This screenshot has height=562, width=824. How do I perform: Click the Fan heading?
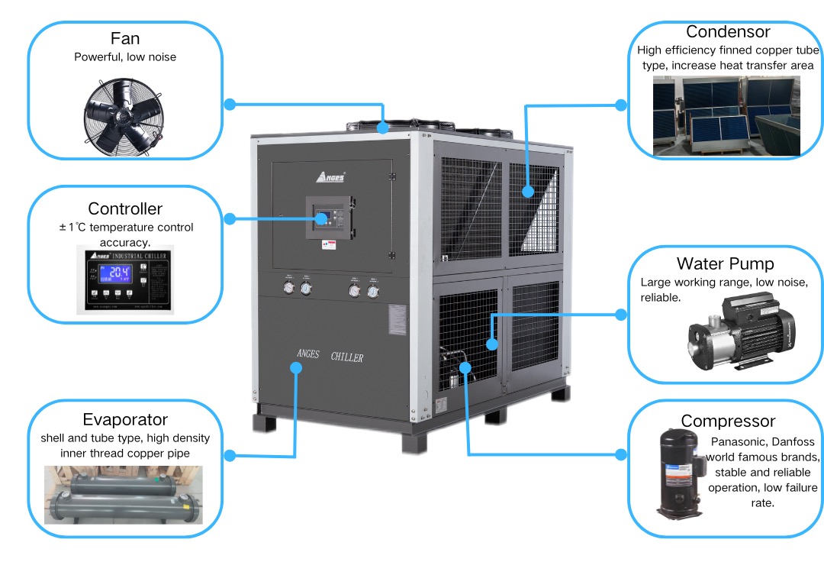click(125, 39)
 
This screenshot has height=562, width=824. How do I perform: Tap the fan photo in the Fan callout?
click(125, 115)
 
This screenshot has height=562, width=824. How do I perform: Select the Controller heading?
click(125, 208)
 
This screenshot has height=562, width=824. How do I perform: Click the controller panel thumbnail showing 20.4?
click(125, 279)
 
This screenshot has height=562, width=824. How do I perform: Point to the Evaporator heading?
click(125, 419)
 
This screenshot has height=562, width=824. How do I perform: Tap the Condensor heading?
click(728, 32)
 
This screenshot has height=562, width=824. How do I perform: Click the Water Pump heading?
click(725, 263)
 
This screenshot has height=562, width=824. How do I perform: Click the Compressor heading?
click(728, 421)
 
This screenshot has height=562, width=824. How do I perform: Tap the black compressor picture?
click(678, 473)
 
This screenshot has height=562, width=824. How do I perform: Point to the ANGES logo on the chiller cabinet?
click(330, 177)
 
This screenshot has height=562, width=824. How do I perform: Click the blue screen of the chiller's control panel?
click(323, 218)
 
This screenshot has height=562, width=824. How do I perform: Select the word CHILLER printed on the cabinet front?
click(347, 357)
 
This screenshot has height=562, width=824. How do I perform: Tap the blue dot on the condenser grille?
click(526, 192)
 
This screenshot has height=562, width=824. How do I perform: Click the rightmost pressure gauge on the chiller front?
click(372, 290)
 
